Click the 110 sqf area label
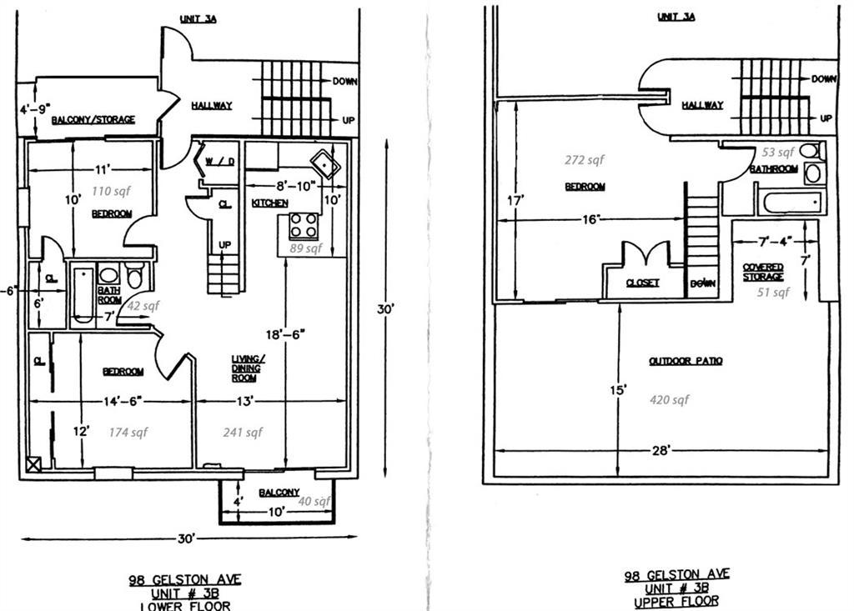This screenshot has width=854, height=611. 112,191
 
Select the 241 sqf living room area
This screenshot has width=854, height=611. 243,432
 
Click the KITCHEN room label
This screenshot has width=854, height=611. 270,203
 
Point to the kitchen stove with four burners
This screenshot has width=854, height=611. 303,226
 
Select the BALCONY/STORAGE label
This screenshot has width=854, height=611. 93,120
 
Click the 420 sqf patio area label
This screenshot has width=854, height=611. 669,400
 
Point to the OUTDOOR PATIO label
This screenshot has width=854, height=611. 686,361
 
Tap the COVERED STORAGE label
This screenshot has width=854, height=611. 763,272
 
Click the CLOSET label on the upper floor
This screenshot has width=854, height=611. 642,283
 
